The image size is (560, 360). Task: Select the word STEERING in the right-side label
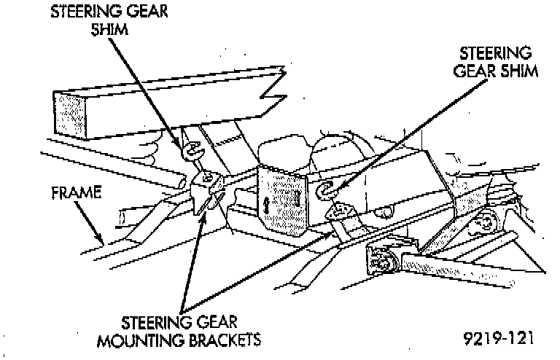point(494,55)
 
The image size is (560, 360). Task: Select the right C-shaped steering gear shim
point(327,191)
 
